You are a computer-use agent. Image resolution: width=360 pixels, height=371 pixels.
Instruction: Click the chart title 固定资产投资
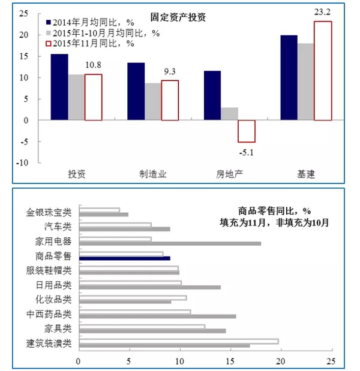pos(178,17)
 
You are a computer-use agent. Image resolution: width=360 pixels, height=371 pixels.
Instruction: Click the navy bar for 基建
pos(289,77)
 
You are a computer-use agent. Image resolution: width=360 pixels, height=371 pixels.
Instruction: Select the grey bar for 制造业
pos(152,101)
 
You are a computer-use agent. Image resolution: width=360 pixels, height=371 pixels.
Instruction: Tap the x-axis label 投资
pos(76,174)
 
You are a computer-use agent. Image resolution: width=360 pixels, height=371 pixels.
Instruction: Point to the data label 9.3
pos(170,71)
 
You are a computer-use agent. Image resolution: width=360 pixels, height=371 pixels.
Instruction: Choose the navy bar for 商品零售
pos(125,258)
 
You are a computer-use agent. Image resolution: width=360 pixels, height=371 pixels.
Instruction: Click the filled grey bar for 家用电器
pos(170,243)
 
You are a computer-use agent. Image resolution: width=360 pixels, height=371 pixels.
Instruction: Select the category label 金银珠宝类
pos(49,212)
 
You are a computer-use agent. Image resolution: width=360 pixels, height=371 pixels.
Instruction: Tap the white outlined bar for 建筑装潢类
pos(179,341)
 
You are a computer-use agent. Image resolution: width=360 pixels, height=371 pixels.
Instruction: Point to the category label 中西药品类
pos(49,314)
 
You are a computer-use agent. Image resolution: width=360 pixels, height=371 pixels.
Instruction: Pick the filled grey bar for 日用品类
pos(150,287)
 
